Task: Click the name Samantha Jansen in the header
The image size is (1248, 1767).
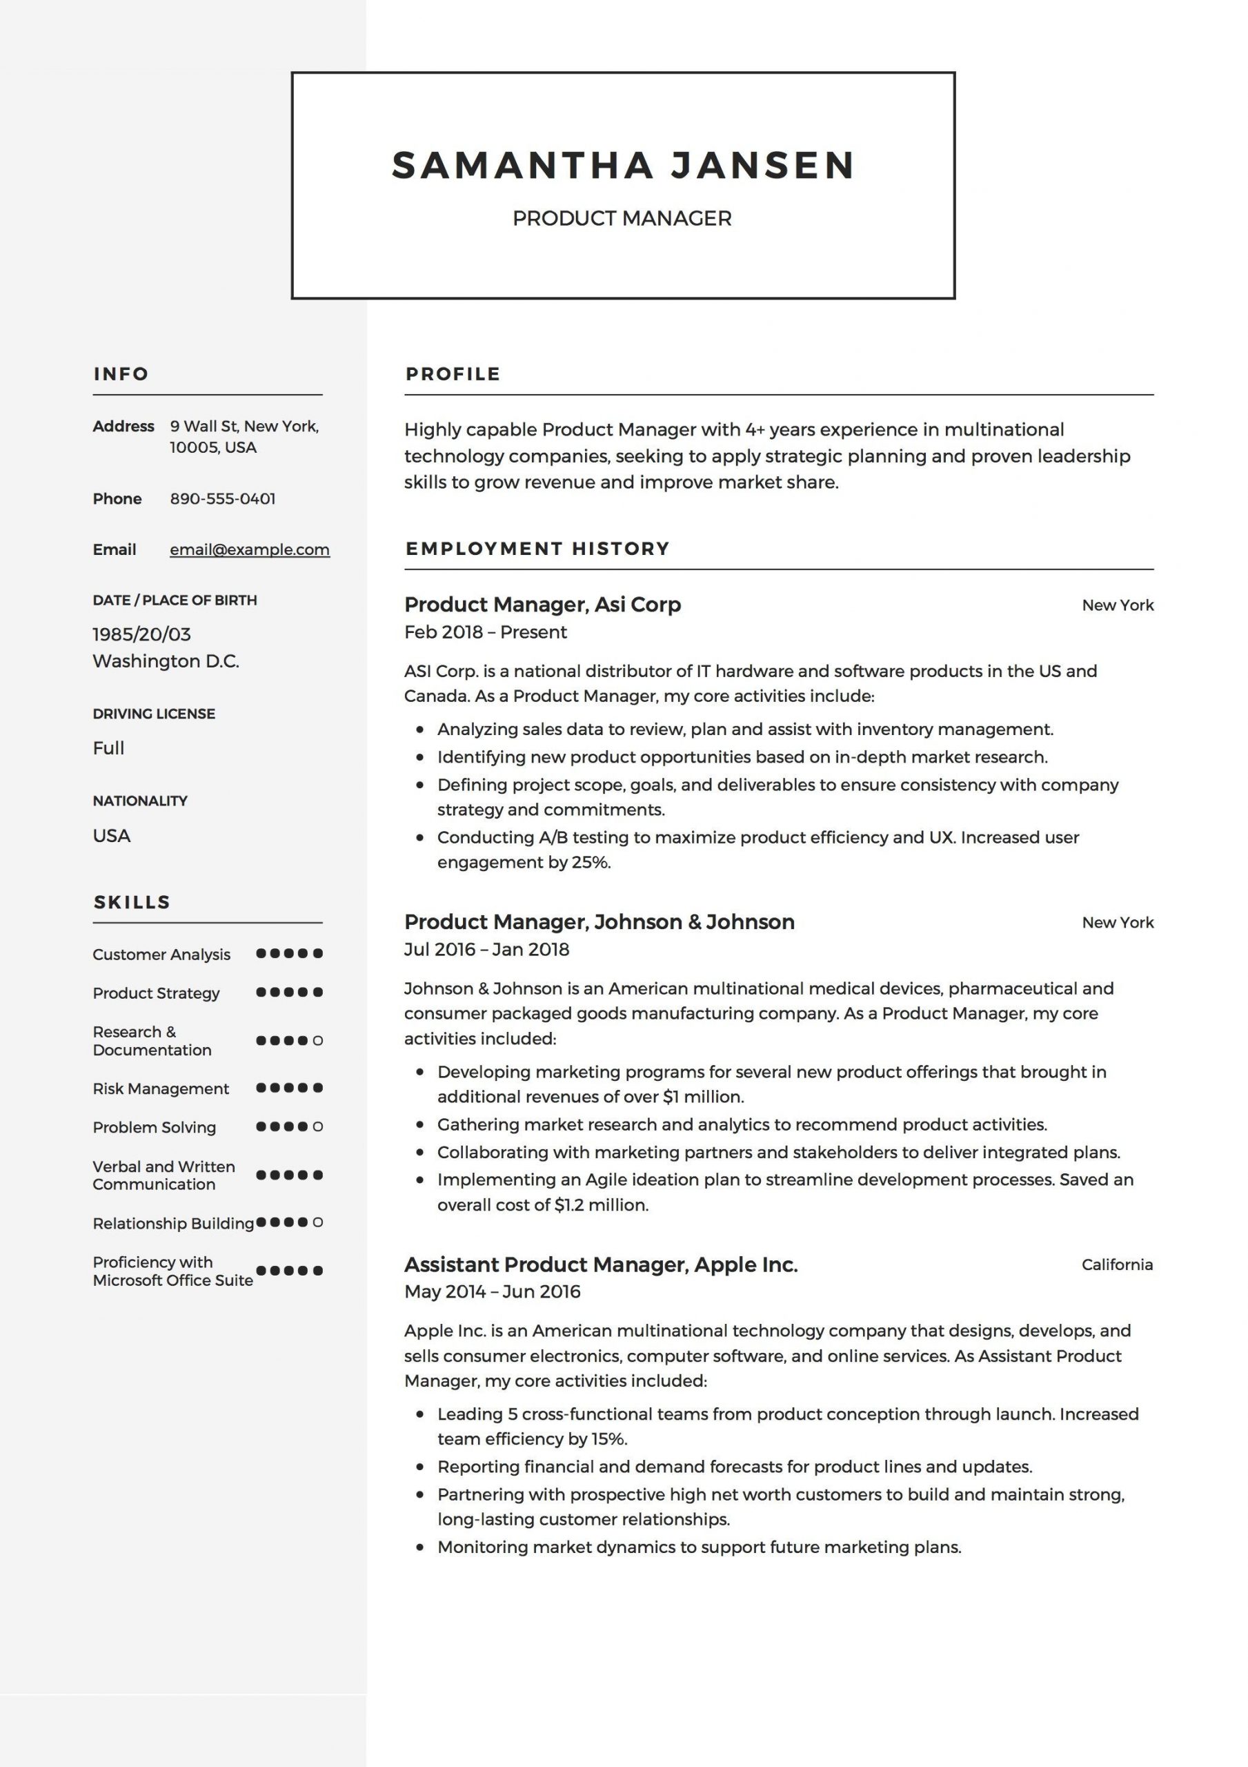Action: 623,166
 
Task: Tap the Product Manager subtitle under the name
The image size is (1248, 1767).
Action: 622,219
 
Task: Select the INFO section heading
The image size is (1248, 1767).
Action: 121,374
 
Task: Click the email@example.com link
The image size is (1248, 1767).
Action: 249,549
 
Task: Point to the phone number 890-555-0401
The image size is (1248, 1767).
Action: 222,499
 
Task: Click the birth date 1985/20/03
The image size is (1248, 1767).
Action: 141,634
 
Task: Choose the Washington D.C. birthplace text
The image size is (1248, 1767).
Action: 166,661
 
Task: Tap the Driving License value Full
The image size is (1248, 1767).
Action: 108,748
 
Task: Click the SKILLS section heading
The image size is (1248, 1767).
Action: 132,902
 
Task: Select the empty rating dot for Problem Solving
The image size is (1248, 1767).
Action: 318,1126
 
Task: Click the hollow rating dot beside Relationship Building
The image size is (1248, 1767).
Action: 318,1222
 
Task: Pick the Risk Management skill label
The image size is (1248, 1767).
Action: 161,1088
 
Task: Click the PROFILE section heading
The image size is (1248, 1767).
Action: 453,374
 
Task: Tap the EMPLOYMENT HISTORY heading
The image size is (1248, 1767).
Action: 537,549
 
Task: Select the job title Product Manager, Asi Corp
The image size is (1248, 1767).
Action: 542,605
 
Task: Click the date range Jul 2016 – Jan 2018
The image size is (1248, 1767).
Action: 486,949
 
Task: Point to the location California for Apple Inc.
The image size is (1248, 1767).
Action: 1116,1265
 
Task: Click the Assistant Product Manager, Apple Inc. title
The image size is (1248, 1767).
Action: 601,1265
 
